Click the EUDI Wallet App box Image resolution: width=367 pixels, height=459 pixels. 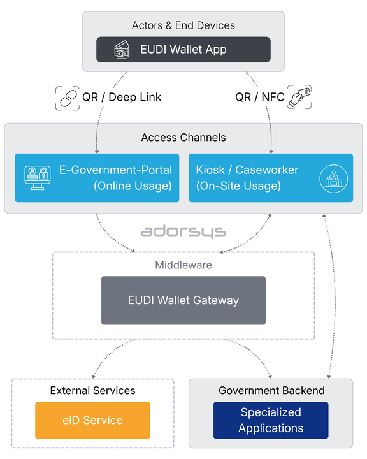pos(183,50)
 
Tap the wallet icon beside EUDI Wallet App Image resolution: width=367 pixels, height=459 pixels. pos(122,50)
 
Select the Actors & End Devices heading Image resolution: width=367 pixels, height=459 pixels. pos(183,25)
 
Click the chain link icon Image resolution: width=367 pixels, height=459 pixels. pos(67,98)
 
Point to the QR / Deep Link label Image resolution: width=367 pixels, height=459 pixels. pos(122,98)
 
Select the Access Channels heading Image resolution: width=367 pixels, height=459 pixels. pos(183,138)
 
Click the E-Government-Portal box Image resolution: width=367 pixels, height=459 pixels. pos(97,178)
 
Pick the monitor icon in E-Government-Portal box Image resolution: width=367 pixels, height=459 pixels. pos(36,178)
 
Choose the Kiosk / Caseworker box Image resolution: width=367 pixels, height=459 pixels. pos(271,178)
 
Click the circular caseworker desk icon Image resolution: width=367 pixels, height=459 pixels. pos(332,178)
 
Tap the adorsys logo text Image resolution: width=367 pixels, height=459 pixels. pos(183,231)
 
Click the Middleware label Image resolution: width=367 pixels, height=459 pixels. pos(183,265)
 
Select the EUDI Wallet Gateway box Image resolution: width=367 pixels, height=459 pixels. pos(183,300)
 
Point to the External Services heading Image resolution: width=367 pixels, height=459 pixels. pos(92,390)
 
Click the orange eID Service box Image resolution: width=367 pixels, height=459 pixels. pos(92,420)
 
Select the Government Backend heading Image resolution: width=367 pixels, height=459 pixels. pos(271,390)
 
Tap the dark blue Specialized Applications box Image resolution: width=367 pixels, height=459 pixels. pos(271,420)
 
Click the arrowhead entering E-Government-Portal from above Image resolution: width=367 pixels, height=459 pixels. pos(96,152)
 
